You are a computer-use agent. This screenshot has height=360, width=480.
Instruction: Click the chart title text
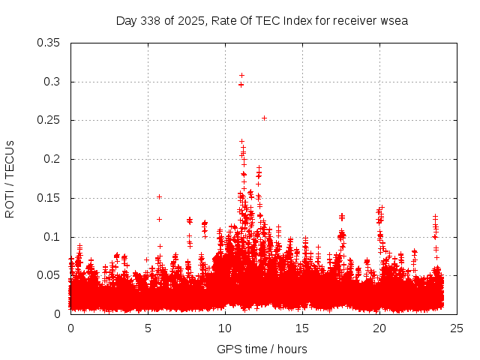point(262,20)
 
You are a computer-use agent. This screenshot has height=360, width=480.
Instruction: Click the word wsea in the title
point(392,20)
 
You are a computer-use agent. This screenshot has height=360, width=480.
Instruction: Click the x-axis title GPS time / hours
point(262,349)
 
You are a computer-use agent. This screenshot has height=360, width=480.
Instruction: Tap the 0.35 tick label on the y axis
point(49,43)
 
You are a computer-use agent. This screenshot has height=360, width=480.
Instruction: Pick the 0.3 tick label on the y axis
point(52,82)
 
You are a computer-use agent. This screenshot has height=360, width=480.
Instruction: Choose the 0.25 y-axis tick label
point(49,120)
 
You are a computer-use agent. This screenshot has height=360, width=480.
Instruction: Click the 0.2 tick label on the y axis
point(52,159)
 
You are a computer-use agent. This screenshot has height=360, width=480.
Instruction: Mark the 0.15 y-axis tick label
point(49,198)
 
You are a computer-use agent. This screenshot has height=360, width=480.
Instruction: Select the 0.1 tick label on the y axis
point(52,237)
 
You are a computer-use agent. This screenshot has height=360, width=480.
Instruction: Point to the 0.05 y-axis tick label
point(49,275)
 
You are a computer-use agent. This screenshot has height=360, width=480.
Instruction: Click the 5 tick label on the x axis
point(148,328)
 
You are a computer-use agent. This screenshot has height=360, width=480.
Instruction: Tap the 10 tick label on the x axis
point(225,328)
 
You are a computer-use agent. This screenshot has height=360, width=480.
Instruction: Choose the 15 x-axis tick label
point(302,328)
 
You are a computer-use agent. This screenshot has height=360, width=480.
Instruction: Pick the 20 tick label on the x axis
point(379,328)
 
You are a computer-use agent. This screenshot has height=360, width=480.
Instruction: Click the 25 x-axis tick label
point(457,328)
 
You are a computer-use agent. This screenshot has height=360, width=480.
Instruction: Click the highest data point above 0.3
point(241,75)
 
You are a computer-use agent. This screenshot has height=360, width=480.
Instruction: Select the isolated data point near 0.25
point(264,118)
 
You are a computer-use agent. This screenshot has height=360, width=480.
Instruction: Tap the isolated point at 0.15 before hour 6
point(159,196)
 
